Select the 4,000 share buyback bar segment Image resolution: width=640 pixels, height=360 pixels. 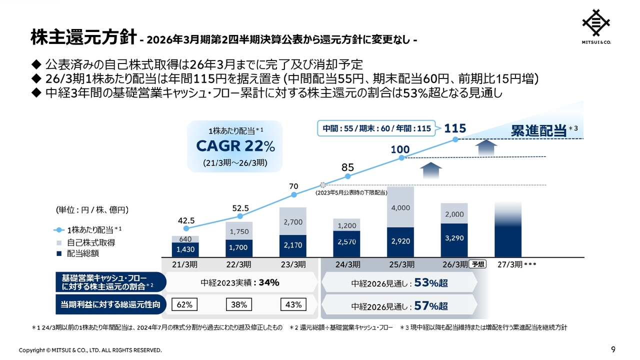point(400,207)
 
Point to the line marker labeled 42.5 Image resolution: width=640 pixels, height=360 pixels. point(186,228)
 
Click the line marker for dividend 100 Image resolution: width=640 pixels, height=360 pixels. point(401,158)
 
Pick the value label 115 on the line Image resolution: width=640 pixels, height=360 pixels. point(455,128)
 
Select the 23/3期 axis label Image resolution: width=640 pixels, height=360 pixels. point(292,264)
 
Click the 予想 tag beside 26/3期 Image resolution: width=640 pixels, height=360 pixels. point(478,264)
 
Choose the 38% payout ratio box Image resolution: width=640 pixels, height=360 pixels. point(239,304)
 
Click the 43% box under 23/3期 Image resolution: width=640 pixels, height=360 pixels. point(293,304)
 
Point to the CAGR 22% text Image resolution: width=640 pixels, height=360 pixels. point(235,146)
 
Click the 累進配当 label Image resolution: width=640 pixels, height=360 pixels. point(537,131)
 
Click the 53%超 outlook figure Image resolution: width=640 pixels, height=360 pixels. point(430,283)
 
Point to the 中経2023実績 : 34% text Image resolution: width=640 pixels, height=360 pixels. point(240,282)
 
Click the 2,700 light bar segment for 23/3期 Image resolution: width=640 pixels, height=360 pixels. point(292,221)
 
